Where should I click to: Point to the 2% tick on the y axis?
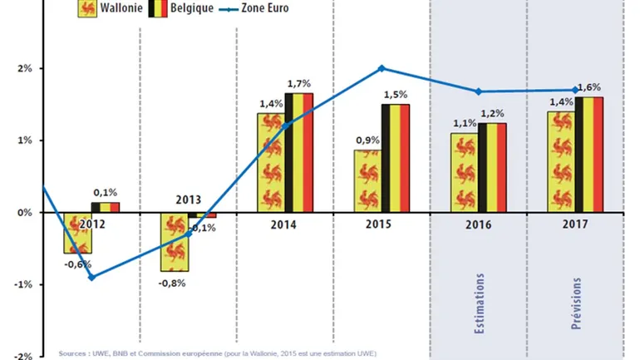tap(22, 68)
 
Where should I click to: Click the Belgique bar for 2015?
tap(396, 158)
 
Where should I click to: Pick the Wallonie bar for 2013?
tap(174, 242)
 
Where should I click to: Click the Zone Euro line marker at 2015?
tap(382, 68)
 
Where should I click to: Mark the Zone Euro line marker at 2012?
tap(91, 277)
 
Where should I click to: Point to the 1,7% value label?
tap(299, 83)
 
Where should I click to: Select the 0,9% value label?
tap(367, 140)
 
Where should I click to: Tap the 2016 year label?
tap(478, 225)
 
